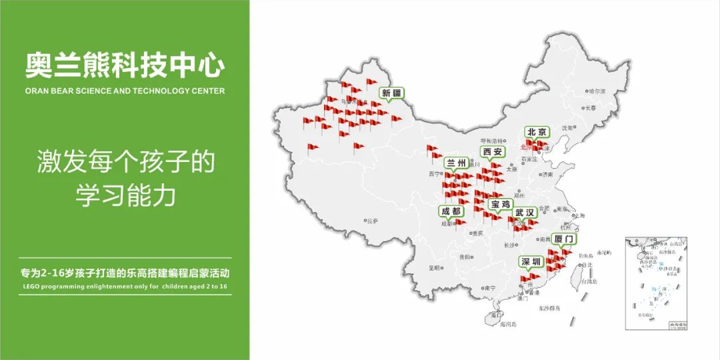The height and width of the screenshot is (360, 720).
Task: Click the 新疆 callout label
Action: point(391,93)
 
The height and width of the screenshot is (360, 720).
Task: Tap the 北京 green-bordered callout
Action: point(536,131)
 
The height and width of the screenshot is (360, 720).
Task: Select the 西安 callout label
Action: point(493,152)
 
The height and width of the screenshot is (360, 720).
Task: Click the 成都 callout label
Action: point(451,211)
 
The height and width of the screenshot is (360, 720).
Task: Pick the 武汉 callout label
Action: point(525,213)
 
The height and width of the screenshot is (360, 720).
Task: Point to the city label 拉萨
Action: point(372,221)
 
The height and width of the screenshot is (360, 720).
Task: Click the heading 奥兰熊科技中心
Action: point(125,65)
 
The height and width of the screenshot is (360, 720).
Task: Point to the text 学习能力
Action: point(125,195)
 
